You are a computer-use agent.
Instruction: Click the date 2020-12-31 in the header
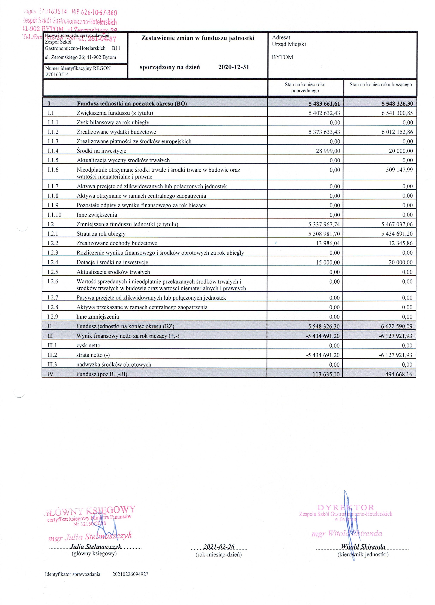(233, 67)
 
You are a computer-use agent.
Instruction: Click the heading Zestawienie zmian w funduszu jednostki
(198, 38)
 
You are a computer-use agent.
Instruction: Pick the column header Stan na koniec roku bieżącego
(380, 85)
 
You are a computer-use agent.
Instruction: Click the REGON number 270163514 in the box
(57, 74)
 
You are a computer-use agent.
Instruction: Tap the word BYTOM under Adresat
(283, 57)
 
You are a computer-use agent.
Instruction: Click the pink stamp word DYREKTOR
(346, 507)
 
